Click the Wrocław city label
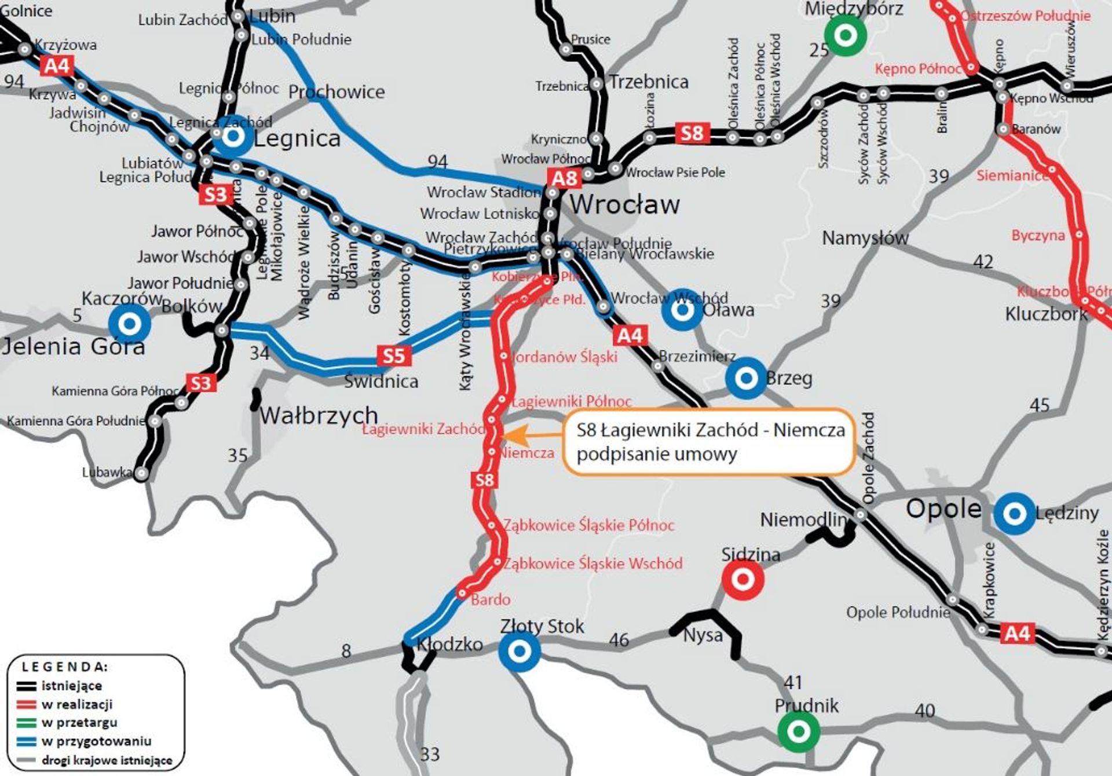[624, 204]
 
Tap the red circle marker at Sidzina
[742, 579]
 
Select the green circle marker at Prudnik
[798, 731]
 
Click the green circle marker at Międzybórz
[845, 35]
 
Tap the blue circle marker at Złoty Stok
[520, 650]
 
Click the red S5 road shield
[394, 355]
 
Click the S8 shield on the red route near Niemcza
[484, 479]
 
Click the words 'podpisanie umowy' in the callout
[656, 454]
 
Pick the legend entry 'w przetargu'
[79, 723]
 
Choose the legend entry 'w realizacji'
[77, 704]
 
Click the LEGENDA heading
[65, 667]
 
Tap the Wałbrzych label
[319, 415]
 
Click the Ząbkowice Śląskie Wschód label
[593, 563]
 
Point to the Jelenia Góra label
[73, 346]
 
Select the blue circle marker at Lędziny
[1014, 513]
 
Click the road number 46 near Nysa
[619, 639]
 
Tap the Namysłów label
[865, 237]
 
